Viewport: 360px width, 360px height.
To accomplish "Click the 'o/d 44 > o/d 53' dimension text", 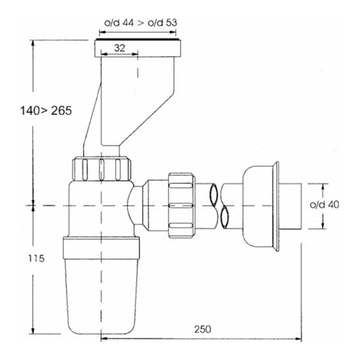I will click(x=141, y=23).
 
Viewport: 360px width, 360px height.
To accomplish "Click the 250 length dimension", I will click(x=203, y=329).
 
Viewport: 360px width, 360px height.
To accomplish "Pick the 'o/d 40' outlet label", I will click(x=325, y=205).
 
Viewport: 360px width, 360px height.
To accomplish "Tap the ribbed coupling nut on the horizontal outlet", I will click(x=182, y=205).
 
